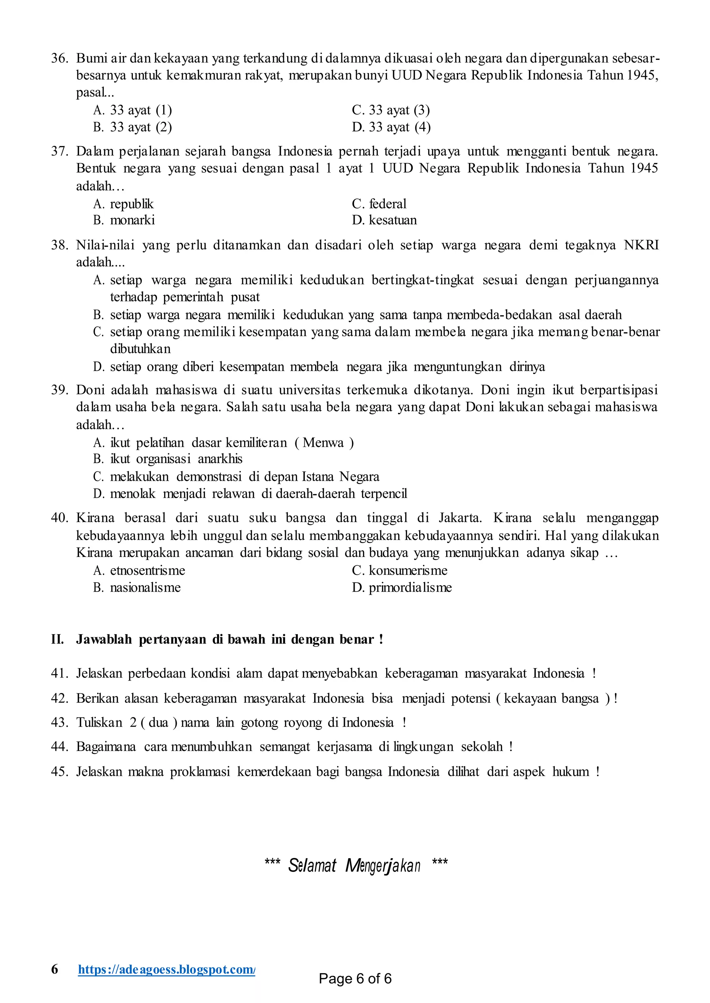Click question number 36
pyautogui.click(x=60, y=58)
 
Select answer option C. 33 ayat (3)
pyautogui.click(x=390, y=110)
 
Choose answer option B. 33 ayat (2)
pyautogui.click(x=132, y=127)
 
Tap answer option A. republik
pyautogui.click(x=123, y=204)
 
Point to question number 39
pyautogui.click(x=60, y=390)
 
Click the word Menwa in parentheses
pyautogui.click(x=323, y=443)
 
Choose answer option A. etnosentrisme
pyautogui.click(x=139, y=570)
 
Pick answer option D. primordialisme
pyautogui.click(x=401, y=587)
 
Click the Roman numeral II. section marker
pyautogui.click(x=57, y=640)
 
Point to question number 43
pyautogui.click(x=60, y=722)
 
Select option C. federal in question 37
pyautogui.click(x=379, y=204)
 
